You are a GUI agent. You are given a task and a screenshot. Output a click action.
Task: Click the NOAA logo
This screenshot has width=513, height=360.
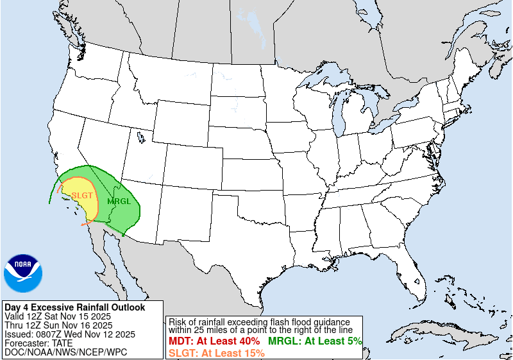pyautogui.click(x=23, y=273)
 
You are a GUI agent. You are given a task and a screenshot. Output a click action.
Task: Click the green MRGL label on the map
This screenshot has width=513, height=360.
pyautogui.click(x=119, y=201)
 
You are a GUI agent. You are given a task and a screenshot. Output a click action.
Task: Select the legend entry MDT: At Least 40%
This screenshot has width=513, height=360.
pyautogui.click(x=214, y=341)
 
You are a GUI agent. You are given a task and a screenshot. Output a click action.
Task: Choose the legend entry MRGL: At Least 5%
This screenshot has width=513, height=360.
pyautogui.click(x=315, y=341)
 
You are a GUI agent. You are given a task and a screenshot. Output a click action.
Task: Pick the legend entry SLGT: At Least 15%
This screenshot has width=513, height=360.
pyautogui.click(x=217, y=352)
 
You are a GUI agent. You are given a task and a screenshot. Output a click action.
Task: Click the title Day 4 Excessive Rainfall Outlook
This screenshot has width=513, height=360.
pyautogui.click(x=74, y=307)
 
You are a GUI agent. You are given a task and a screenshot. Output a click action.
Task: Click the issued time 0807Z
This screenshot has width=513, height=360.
pyautogui.click(x=49, y=334)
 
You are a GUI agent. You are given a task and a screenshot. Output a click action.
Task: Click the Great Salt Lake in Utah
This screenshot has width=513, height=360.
pyautogui.click(x=140, y=137)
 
